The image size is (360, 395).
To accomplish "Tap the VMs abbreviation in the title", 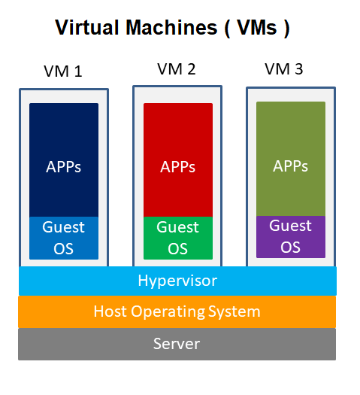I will [x=256, y=29].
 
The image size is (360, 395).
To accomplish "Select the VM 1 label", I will [x=63, y=72].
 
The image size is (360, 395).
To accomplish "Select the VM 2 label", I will [x=177, y=69].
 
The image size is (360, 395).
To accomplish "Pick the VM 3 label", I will [x=284, y=69].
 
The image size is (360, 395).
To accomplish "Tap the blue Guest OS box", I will [x=64, y=238].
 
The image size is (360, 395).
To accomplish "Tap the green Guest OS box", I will [x=178, y=238].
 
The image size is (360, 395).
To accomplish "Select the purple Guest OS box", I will [x=290, y=236].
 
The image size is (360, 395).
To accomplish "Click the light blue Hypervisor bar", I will [x=75, y=281].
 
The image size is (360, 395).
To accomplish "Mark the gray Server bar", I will [x=75, y=344].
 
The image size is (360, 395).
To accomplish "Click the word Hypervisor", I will [x=177, y=281].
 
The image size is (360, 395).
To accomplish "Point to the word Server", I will [x=177, y=344].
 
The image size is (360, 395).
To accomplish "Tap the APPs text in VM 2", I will [x=178, y=166].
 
